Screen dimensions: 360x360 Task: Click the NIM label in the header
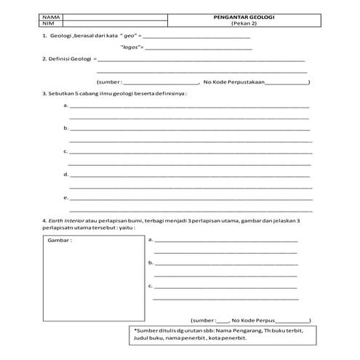coord(49,23)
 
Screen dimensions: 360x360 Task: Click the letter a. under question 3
coord(66,106)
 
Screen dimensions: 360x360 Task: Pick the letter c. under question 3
coord(66,151)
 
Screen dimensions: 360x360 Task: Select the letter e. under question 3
coord(66,197)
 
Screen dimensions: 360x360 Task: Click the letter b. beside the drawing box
coord(150,262)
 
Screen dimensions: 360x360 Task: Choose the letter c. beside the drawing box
coord(150,286)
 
